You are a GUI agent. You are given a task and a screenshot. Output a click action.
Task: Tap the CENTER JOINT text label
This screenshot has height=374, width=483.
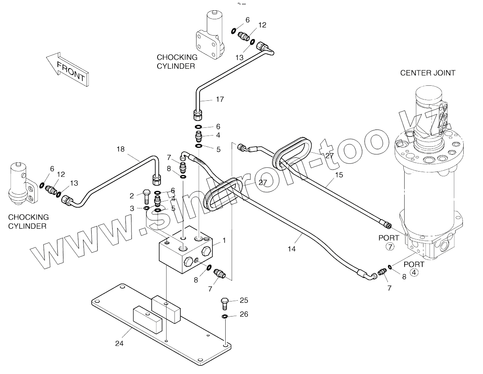click(x=427, y=73)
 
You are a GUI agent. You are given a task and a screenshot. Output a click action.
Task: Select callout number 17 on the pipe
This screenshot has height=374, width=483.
click(x=220, y=100)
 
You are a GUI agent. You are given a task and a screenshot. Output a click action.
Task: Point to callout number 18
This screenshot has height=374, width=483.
click(x=120, y=149)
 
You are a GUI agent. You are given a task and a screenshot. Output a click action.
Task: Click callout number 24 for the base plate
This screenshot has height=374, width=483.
click(x=119, y=343)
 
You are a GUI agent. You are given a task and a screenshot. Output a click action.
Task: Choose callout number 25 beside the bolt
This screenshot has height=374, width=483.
click(x=244, y=300)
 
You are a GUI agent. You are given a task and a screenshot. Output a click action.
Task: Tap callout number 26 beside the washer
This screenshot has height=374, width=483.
click(x=244, y=314)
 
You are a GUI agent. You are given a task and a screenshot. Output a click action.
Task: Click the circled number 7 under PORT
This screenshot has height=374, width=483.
click(x=390, y=247)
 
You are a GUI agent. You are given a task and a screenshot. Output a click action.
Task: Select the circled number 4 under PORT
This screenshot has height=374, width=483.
click(x=414, y=272)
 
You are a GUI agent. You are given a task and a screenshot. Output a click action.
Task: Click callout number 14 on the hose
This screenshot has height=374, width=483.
click(x=292, y=248)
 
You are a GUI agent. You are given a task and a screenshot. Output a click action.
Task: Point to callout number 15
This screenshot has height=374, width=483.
click(x=339, y=175)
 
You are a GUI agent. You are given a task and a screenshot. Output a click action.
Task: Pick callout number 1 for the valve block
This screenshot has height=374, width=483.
click(x=224, y=240)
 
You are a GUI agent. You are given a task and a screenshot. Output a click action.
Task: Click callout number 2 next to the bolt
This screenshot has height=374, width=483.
click(x=132, y=196)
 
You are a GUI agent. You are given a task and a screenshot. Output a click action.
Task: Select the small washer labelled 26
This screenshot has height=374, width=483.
click(x=225, y=317)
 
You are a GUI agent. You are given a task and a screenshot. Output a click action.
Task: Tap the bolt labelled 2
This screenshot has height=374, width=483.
click(x=146, y=196)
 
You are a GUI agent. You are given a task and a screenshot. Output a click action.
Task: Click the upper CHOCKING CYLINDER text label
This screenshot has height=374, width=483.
click(x=177, y=61)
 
